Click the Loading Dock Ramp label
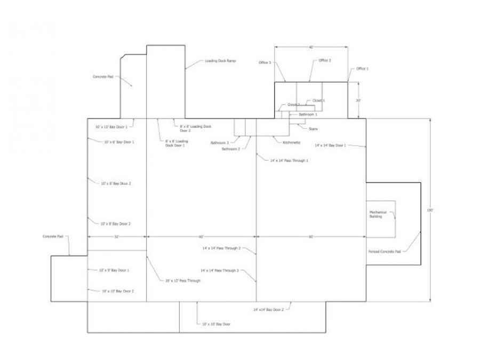pos(220,61)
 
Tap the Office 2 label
pos(325,61)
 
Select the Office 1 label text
pos(363,69)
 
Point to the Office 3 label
pos(265,63)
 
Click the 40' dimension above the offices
pos(311,47)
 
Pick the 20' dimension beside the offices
pos(359,100)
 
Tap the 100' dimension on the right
pos(430,210)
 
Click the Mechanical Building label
pos(378,214)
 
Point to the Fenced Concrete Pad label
pos(384,251)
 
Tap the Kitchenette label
pos(292,143)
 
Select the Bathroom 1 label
pos(308,115)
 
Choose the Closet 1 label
pos(319,100)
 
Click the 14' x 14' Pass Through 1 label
pos(290,160)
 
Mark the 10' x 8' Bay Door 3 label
pos(116,223)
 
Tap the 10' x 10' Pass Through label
pos(183,280)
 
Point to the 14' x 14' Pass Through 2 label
pos(221,248)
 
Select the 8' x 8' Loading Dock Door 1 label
pos(176,143)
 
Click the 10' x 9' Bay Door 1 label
pos(114,270)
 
